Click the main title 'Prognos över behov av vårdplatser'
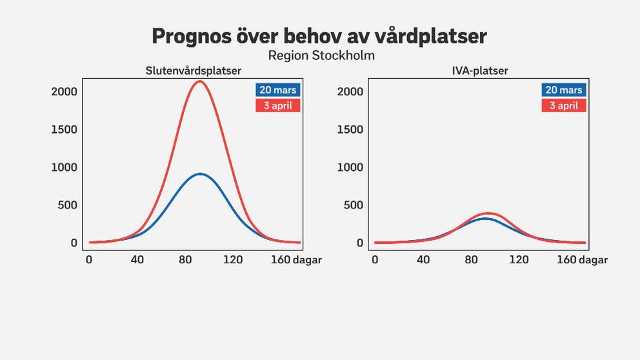(x=319, y=36)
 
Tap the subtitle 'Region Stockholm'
(x=321, y=55)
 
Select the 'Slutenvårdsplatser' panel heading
(x=194, y=71)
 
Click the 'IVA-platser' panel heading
(x=480, y=71)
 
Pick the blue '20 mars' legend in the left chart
(x=278, y=90)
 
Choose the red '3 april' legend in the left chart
(x=278, y=105)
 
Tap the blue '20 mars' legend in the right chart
(x=564, y=90)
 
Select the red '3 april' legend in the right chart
(x=564, y=105)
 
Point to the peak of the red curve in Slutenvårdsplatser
(x=199, y=81)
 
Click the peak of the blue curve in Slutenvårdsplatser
(x=200, y=174)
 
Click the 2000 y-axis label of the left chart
(x=64, y=92)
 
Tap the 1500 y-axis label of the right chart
(x=350, y=130)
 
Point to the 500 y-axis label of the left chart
(x=67, y=205)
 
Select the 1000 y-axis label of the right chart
(x=350, y=167)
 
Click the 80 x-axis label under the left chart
(x=185, y=260)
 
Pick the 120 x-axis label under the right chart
(x=519, y=260)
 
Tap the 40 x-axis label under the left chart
(x=137, y=260)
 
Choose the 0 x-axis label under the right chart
(x=375, y=260)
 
